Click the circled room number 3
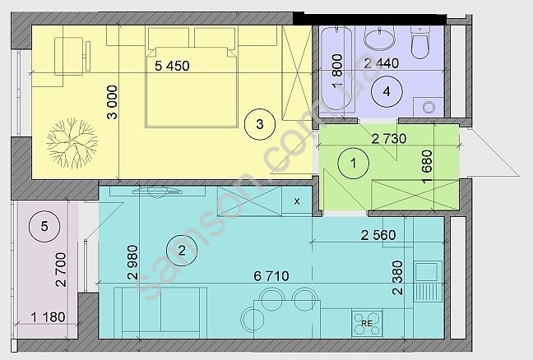click(x=260, y=124)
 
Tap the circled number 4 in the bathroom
click(x=387, y=91)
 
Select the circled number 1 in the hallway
click(x=354, y=164)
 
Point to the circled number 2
click(x=182, y=251)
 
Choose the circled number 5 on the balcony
click(x=44, y=226)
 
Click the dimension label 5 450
click(x=172, y=66)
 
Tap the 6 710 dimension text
click(x=271, y=276)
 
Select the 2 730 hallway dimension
click(x=389, y=139)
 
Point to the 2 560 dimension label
click(x=378, y=235)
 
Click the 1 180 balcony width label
click(x=48, y=317)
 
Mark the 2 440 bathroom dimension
click(x=381, y=63)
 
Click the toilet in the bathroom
click(x=421, y=42)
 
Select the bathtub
click(x=337, y=69)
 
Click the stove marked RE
click(x=367, y=323)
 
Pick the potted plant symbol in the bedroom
click(x=72, y=143)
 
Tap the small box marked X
click(x=297, y=201)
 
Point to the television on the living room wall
click(x=157, y=192)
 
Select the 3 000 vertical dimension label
click(x=112, y=102)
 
